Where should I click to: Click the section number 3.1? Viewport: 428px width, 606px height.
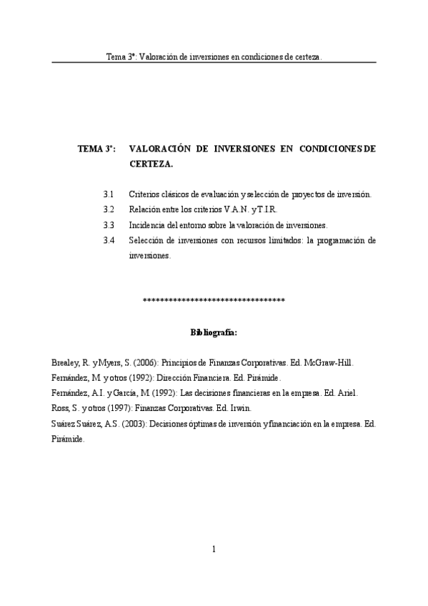tap(109, 194)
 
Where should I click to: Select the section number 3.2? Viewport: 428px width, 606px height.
tap(109, 209)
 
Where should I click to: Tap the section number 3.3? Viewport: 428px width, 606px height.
tap(109, 224)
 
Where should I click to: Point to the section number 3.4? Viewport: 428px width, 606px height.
tap(109, 240)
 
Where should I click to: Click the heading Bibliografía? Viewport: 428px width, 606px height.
tap(214, 332)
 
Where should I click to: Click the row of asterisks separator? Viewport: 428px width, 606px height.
tap(214, 299)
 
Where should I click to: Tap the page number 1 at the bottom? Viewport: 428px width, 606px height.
tap(214, 550)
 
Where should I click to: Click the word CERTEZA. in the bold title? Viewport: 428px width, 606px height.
tap(151, 164)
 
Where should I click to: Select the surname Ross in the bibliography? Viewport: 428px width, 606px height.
tap(61, 408)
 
